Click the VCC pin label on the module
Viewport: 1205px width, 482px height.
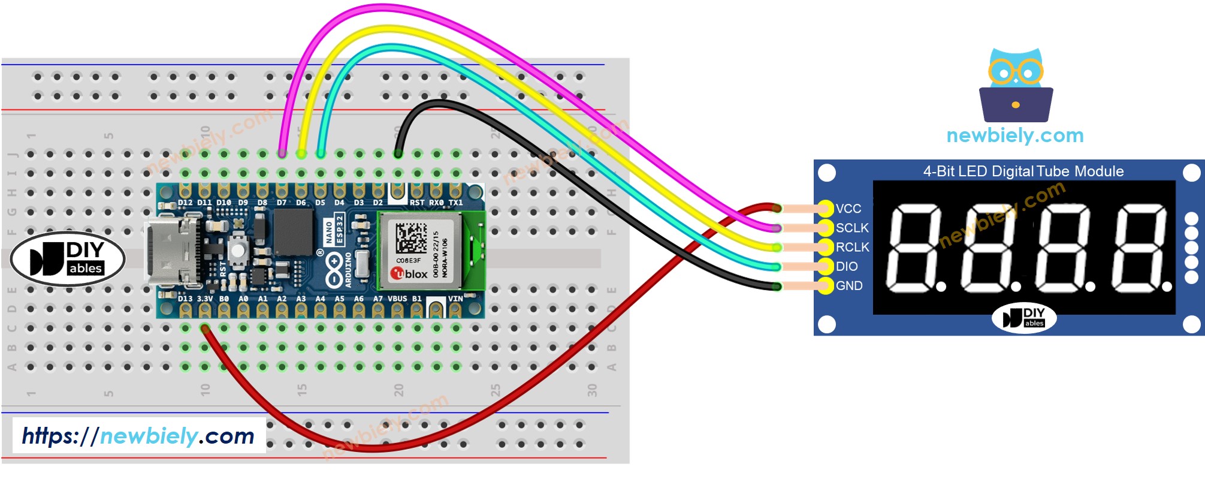coord(848,209)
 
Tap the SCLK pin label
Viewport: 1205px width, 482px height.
coord(851,228)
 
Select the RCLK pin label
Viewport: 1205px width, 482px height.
coord(851,247)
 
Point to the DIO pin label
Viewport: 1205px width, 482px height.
coord(847,266)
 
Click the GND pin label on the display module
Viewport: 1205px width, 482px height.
coord(849,286)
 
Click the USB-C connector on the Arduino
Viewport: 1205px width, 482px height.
coord(171,252)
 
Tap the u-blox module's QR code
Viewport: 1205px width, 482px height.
coord(411,237)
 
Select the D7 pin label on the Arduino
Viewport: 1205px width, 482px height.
coord(282,203)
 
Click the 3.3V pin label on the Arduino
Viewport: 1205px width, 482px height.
coord(205,299)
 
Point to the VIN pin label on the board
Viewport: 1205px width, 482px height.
coord(455,299)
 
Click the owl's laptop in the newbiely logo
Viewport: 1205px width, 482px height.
coord(1016,104)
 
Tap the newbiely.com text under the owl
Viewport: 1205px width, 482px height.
coord(1015,135)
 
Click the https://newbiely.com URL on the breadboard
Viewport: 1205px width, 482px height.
coord(138,436)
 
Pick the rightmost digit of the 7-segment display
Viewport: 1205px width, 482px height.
coord(1140,247)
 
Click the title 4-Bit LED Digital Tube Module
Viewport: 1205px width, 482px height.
coord(1023,171)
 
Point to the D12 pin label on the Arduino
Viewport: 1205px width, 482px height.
coord(185,203)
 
